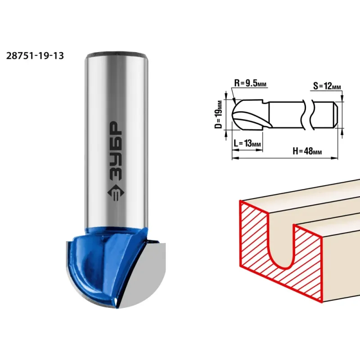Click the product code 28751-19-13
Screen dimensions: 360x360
[35, 56]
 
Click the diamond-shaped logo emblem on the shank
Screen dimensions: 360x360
[116, 193]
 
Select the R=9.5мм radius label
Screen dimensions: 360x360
[250, 83]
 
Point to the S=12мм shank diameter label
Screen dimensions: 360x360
[327, 86]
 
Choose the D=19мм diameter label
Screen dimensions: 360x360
[219, 114]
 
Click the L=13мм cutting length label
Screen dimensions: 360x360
[247, 143]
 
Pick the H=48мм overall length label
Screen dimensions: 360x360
[307, 151]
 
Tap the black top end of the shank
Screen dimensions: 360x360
[116, 54]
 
